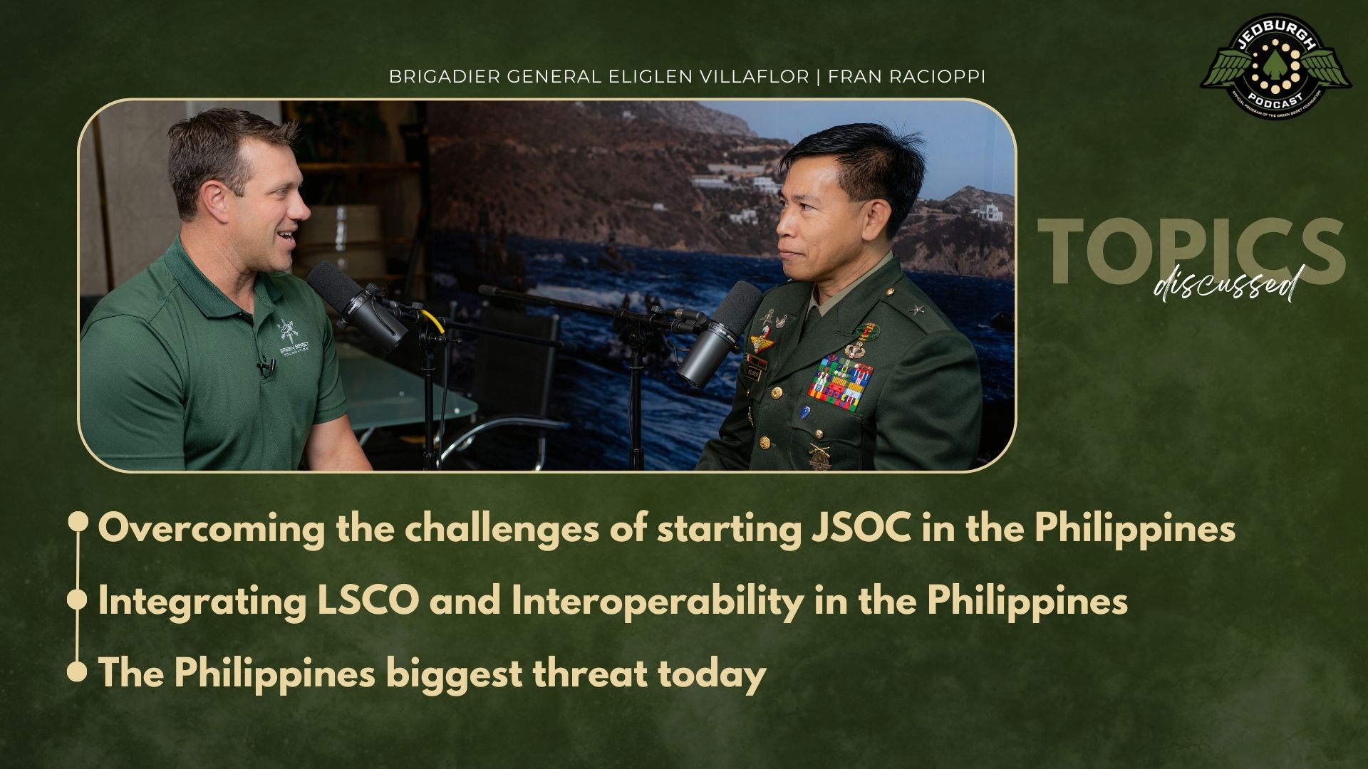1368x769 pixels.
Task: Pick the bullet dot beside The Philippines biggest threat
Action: coord(77,672)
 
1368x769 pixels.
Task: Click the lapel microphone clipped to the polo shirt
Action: coord(266,368)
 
